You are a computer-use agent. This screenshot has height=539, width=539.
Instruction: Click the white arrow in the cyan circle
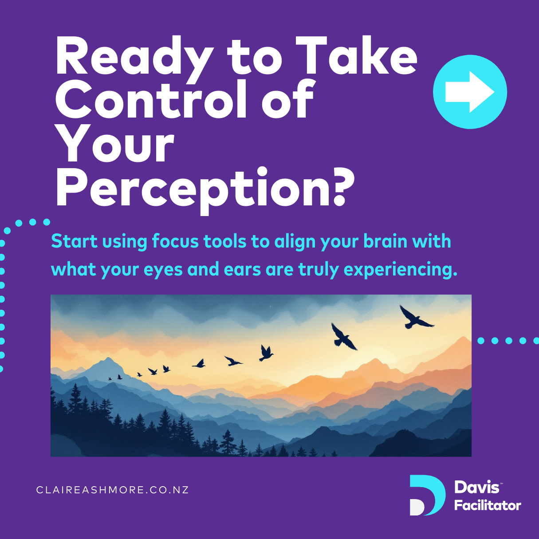pos(470,92)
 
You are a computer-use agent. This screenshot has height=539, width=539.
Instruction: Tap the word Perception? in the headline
pos(205,190)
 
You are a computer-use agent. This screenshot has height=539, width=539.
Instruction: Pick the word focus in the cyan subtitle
pos(175,241)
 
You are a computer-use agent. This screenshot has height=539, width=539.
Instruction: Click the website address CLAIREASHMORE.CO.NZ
pos(112,490)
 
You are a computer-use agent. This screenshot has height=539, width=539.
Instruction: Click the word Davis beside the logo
pos(477,487)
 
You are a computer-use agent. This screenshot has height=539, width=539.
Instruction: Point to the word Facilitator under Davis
pos(488,505)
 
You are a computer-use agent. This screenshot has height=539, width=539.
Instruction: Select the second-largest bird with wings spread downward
pos(343,337)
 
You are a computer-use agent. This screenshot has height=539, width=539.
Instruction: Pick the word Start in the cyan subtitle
pos(75,241)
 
